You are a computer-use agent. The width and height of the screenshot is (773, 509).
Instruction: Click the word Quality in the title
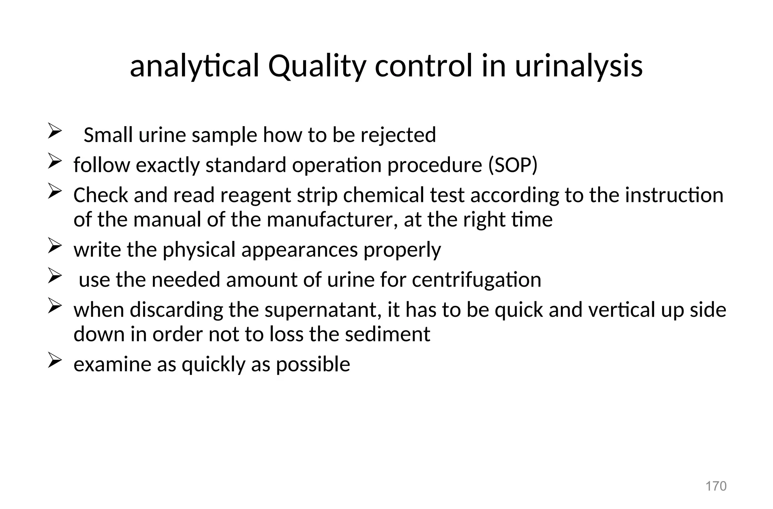[317, 66]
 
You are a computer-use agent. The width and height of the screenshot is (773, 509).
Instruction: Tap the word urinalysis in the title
[579, 66]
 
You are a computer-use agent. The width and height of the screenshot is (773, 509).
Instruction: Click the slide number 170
[716, 486]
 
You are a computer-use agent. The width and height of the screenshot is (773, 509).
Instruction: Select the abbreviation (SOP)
[513, 165]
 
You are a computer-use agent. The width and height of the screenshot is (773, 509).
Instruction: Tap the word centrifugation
[476, 280]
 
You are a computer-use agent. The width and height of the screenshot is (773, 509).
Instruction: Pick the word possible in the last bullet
[313, 364]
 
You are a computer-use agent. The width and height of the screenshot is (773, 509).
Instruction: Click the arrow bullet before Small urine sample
[55, 132]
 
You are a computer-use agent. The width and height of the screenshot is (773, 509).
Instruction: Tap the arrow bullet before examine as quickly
[55, 362]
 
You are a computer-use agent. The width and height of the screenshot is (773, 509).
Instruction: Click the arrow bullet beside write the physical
[55, 247]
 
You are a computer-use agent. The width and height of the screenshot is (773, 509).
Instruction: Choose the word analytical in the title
[194, 66]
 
